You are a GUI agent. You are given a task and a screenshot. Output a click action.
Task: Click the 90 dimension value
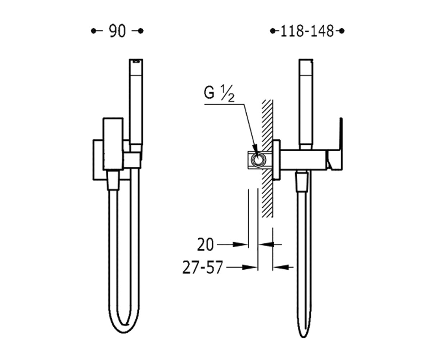(117, 31)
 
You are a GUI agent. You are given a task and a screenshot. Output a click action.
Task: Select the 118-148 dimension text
(307, 31)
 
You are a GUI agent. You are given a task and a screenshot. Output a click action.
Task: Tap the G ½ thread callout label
(219, 93)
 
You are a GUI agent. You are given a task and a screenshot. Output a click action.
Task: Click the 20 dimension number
(205, 244)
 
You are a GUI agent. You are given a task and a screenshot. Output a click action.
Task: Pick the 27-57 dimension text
(203, 267)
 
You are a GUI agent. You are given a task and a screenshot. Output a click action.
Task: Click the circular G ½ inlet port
(258, 160)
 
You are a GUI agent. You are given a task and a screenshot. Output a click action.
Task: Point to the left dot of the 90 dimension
(94, 31)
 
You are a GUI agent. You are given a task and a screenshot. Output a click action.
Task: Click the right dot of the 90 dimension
(141, 31)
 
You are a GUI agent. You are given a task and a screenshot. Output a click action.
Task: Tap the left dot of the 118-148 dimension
(273, 31)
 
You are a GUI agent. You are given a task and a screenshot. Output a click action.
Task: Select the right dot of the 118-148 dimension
(342, 31)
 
